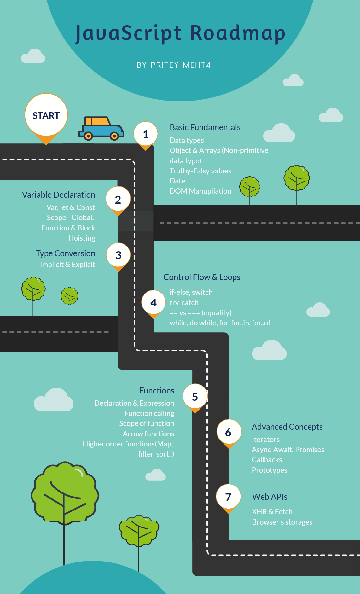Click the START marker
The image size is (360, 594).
(x=46, y=115)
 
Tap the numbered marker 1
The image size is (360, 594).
(x=146, y=134)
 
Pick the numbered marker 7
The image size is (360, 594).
(x=228, y=497)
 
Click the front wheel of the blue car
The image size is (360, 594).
(x=114, y=136)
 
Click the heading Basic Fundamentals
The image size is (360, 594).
(x=205, y=127)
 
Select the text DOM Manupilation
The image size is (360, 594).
(x=200, y=191)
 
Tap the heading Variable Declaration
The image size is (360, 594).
(x=58, y=195)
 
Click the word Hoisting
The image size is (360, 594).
(x=82, y=238)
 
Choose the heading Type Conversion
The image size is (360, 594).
(x=65, y=253)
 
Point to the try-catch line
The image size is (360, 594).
(x=184, y=303)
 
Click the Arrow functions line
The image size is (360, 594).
(x=148, y=434)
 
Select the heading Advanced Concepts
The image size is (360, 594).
(x=287, y=427)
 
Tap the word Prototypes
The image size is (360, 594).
(x=269, y=470)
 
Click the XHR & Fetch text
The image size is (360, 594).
(x=272, y=512)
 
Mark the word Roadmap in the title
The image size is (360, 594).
(x=238, y=33)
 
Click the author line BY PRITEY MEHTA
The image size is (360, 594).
(x=174, y=65)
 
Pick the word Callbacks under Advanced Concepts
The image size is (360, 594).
(x=267, y=460)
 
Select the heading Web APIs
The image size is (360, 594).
(x=270, y=497)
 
